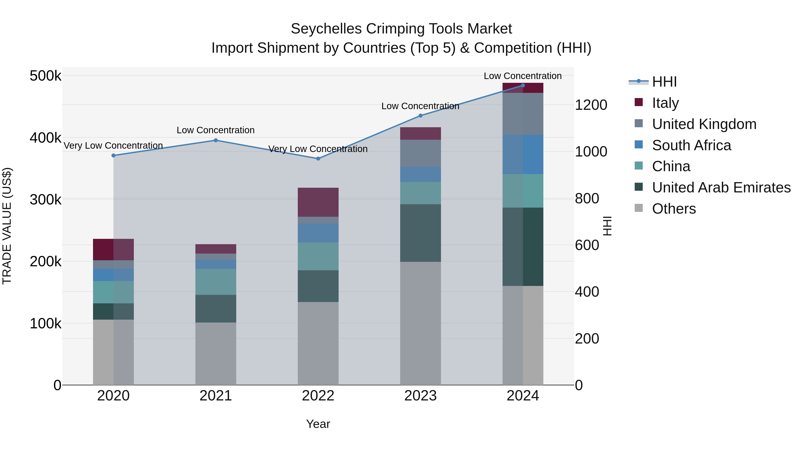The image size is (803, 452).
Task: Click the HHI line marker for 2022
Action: tap(318, 159)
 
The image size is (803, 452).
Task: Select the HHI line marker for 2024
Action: tap(523, 85)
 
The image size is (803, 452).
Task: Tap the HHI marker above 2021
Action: tap(216, 140)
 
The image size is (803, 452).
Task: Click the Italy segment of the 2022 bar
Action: tap(318, 202)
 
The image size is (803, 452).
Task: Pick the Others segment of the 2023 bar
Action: tap(420, 323)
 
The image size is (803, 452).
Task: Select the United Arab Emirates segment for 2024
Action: tap(523, 246)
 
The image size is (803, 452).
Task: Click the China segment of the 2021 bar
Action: tap(216, 282)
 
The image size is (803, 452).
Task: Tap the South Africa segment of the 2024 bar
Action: tap(523, 154)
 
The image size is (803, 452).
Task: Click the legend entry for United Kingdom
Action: tap(704, 124)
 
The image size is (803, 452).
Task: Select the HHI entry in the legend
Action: tap(664, 82)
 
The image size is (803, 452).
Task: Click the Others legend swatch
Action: tap(639, 208)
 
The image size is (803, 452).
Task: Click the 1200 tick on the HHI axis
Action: tap(591, 105)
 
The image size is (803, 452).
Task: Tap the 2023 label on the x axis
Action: tap(420, 396)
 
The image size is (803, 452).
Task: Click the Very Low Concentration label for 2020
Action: tap(113, 146)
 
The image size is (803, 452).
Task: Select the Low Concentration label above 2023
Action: tap(420, 106)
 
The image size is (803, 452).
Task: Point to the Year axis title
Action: tap(318, 424)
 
